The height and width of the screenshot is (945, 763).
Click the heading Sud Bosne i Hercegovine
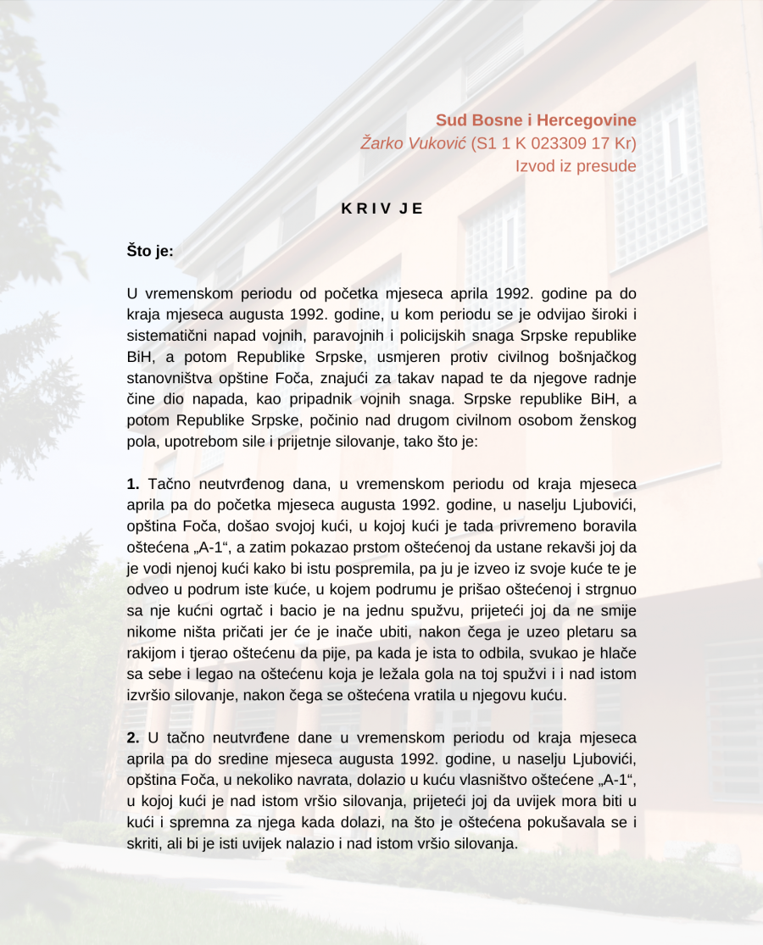tap(536, 120)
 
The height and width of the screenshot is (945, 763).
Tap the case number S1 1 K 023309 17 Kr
tap(554, 143)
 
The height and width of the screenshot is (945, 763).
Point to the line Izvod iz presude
tap(576, 166)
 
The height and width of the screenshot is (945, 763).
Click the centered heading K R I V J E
tap(381, 208)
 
